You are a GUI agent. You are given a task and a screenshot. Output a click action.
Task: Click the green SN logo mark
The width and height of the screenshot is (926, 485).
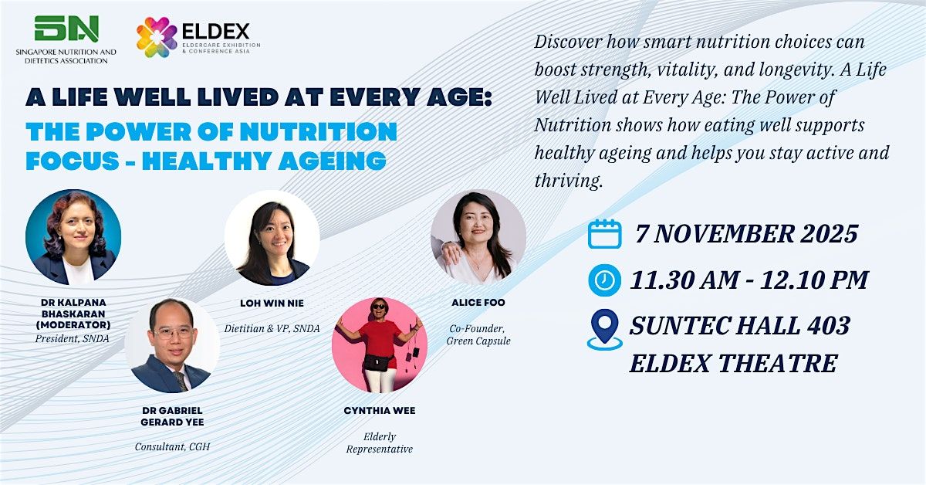66,28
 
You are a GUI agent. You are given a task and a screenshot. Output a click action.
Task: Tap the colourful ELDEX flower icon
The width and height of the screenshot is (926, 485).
157,38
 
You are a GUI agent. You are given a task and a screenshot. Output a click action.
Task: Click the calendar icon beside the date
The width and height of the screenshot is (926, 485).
604,233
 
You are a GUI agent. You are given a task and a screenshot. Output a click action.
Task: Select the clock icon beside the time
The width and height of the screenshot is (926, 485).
604,280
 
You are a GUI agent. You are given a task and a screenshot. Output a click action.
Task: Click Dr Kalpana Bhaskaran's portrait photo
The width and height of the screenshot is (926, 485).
73,237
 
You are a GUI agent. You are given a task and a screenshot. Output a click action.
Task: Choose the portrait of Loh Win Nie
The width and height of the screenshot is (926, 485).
272,238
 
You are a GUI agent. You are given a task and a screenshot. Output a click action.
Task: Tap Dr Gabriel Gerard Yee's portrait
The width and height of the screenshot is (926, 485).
171,346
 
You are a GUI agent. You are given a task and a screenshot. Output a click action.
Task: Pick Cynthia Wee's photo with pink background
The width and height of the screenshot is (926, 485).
379,345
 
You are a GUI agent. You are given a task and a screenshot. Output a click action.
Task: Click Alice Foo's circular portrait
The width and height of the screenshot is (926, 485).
478,238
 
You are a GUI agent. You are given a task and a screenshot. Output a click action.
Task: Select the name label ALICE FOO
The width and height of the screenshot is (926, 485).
478,303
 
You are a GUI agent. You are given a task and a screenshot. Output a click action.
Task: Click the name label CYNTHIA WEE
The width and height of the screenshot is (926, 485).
380,411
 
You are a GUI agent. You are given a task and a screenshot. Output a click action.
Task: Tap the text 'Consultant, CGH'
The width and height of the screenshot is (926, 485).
171,447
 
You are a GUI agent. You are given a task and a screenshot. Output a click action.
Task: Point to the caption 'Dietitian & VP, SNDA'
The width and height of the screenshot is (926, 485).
272,328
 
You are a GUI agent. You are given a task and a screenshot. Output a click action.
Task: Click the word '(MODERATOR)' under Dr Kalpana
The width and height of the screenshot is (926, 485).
73,325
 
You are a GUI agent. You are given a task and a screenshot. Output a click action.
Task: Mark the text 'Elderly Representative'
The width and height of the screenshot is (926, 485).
379,443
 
